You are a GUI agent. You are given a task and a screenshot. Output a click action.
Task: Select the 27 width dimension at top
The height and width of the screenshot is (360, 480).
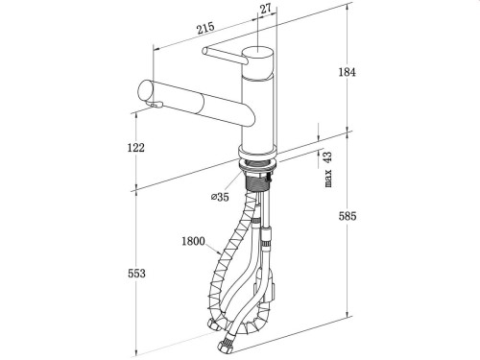(265, 10)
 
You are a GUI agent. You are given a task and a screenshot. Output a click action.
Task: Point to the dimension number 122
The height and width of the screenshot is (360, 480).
(134, 147)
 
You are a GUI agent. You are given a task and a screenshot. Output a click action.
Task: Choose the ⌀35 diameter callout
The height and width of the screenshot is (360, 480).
(218, 199)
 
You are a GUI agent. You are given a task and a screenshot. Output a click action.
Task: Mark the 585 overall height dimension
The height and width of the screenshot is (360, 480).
(347, 217)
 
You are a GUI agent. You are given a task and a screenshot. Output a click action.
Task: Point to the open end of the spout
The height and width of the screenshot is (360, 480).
(147, 92)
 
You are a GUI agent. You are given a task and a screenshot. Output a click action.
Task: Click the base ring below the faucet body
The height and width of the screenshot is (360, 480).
(258, 156)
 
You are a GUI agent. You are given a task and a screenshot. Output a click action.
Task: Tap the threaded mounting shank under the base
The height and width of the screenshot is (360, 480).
(258, 177)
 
